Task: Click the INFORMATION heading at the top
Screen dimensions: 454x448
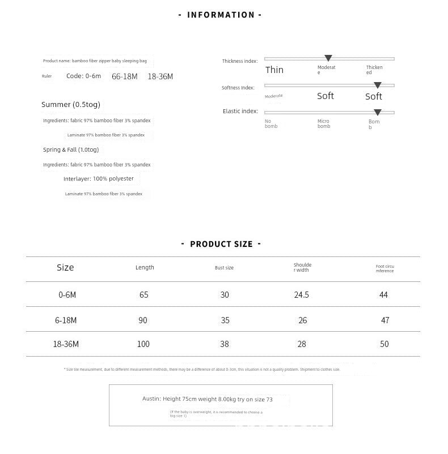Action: [x=221, y=15]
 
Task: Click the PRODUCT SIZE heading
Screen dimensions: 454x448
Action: [x=221, y=244]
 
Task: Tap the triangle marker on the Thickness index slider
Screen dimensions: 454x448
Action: [x=328, y=58]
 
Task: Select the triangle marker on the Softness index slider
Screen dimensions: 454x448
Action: [x=377, y=85]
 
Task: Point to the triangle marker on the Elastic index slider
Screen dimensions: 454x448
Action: [x=377, y=112]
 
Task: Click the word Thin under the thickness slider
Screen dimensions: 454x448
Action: [x=274, y=70]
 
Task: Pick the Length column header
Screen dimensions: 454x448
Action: [x=145, y=267]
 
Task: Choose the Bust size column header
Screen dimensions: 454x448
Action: [x=224, y=268]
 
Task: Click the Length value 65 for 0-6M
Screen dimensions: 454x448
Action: [x=143, y=295]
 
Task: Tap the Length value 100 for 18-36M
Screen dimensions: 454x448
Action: [x=143, y=344]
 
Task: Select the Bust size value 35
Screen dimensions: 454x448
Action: [x=225, y=320]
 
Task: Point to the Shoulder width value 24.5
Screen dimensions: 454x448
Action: [x=302, y=295]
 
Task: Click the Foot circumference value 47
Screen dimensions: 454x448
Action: [x=385, y=320]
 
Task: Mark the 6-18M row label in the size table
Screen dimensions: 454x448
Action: [x=66, y=320]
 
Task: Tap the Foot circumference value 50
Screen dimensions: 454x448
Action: [x=385, y=344]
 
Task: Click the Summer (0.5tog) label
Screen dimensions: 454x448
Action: [x=71, y=105]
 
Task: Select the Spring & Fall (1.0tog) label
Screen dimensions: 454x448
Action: [x=71, y=150]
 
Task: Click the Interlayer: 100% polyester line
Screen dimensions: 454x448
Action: [x=99, y=179]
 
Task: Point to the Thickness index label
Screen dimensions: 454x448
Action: [x=240, y=61]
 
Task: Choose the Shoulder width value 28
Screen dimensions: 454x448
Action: [x=302, y=344]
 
